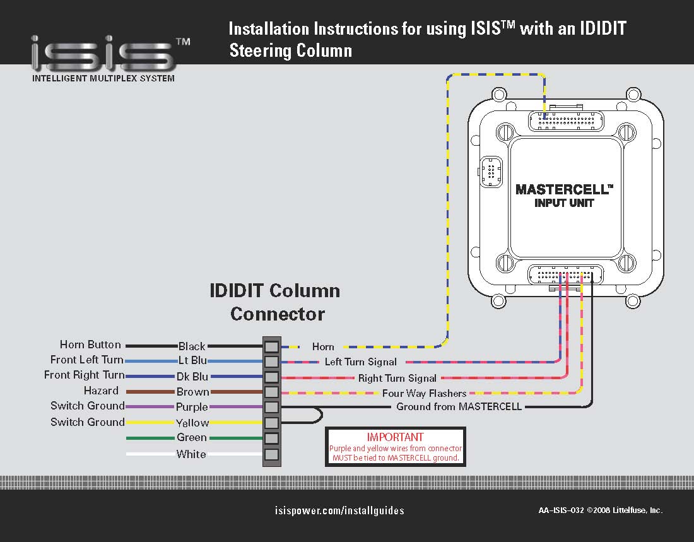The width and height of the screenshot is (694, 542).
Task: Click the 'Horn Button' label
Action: click(90, 345)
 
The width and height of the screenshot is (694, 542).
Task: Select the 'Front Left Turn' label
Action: click(87, 360)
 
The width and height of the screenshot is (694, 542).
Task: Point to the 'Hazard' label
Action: click(101, 391)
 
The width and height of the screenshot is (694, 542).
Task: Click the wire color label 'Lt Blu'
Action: click(192, 361)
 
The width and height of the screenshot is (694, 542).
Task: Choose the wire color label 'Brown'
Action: click(192, 392)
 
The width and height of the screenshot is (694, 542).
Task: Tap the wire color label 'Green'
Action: click(192, 437)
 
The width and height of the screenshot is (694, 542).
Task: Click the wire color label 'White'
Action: click(191, 454)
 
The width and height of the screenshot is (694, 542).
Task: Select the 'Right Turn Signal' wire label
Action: click(397, 378)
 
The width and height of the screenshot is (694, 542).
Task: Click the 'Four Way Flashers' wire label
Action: click(424, 393)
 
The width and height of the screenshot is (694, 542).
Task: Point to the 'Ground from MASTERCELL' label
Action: click(459, 407)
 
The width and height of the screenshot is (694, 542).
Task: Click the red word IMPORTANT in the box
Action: click(396, 437)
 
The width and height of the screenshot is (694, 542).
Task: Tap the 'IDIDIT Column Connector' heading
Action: click(276, 302)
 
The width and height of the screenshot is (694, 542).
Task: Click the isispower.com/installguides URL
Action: click(340, 510)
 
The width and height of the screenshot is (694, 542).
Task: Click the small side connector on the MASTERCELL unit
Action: click(491, 172)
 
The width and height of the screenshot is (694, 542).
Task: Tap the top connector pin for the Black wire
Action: click(271, 346)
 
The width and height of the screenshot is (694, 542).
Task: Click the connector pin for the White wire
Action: click(271, 454)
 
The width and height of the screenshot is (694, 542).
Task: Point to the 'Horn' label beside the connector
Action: click(323, 346)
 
